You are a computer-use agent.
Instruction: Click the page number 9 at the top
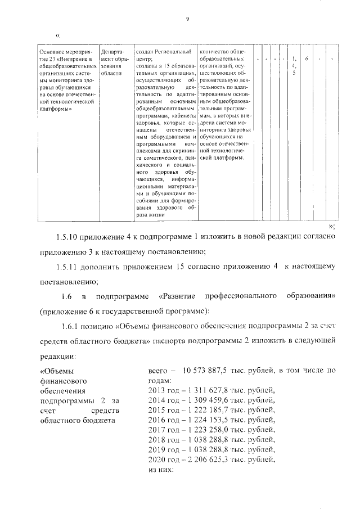[187, 19]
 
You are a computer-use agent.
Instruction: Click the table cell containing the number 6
[306, 58]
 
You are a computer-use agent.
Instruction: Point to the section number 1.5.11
[70, 266]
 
